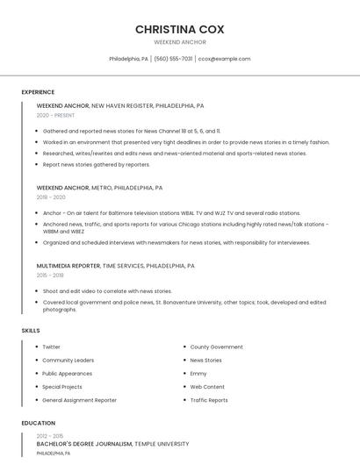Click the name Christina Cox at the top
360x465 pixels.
[180, 29]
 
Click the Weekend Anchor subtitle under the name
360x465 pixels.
[180, 42]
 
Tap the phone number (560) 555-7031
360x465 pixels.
[173, 59]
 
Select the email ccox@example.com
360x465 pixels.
[225, 59]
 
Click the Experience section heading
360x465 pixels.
[38, 92]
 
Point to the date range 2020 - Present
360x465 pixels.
[55, 115]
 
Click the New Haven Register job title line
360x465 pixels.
[120, 105]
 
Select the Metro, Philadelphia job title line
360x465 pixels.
[99, 187]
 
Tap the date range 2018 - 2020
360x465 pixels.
[51, 197]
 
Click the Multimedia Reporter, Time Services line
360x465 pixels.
[115, 265]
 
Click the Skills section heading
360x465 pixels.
[31, 330]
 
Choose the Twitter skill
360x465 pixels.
[51, 347]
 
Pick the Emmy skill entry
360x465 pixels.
[198, 373]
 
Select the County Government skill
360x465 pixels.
[216, 347]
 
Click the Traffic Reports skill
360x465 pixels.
[209, 400]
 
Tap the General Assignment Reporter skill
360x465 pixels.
[79, 400]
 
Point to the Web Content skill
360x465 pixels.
[207, 386]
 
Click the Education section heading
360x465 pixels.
[38, 422]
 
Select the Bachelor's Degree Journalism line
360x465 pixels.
[112, 444]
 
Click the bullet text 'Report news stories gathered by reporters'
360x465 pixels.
[97, 164]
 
